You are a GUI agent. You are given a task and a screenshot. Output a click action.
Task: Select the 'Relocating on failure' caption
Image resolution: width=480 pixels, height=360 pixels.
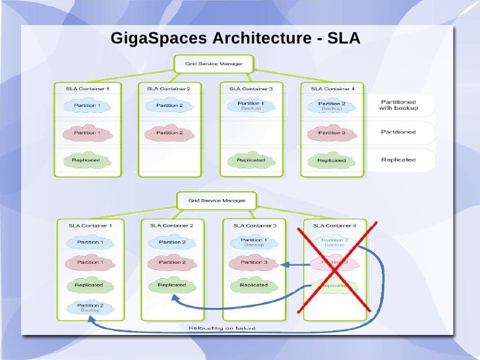click(x=222, y=328)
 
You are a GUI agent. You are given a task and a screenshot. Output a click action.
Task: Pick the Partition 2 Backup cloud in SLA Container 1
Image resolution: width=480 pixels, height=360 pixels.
click(x=90, y=307)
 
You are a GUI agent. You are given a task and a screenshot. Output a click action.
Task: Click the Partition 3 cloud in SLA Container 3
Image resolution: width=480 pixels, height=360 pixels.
click(x=253, y=262)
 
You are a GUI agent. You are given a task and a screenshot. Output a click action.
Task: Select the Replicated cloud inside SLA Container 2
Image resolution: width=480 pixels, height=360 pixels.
click(x=171, y=285)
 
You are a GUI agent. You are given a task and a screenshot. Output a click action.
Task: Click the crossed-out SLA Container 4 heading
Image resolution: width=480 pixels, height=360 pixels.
click(x=334, y=225)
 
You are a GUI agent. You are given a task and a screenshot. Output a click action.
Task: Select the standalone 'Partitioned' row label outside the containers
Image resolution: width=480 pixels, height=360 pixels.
click(x=398, y=132)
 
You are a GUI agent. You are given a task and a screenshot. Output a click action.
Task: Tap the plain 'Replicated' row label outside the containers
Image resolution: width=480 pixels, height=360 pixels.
click(x=398, y=159)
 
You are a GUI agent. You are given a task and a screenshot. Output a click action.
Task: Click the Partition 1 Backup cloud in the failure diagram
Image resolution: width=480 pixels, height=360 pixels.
click(x=253, y=242)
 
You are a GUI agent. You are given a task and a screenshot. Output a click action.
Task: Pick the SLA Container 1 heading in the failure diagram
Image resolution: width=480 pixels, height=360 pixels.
click(x=90, y=225)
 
